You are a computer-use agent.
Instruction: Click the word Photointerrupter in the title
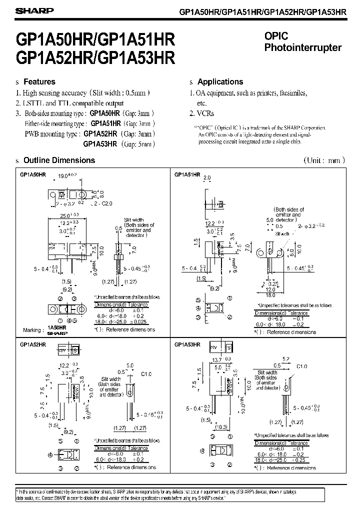(302, 48)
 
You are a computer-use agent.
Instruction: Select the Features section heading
(39, 81)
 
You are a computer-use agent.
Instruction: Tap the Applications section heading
(220, 81)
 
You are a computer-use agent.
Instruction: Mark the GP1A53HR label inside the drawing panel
(188, 344)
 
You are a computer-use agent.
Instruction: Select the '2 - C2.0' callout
(104, 204)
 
